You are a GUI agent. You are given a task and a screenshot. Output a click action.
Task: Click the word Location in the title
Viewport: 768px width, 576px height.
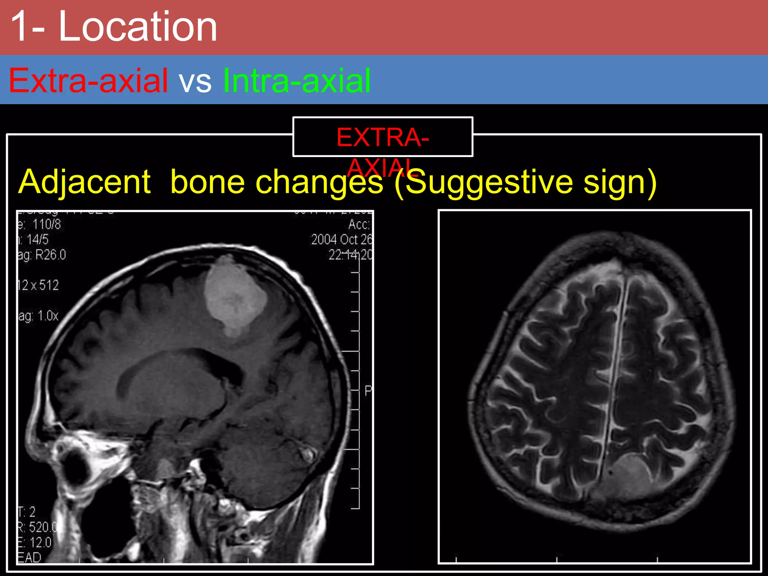(x=138, y=27)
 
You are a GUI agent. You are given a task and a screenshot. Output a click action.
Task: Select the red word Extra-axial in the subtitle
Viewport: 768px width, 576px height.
(x=88, y=80)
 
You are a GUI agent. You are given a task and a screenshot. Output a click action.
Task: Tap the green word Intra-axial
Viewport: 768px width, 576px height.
(x=297, y=80)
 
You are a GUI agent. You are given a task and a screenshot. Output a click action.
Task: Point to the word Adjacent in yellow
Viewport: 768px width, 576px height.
(x=84, y=182)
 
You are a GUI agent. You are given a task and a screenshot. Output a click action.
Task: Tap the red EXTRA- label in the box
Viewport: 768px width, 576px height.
(x=382, y=137)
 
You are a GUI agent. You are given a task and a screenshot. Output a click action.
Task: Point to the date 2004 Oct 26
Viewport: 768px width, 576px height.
(x=341, y=239)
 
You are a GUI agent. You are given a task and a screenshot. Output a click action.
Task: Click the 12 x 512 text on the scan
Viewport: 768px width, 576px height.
(x=38, y=285)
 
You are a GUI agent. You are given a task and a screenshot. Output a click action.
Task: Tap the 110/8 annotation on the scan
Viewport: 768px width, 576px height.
(x=46, y=224)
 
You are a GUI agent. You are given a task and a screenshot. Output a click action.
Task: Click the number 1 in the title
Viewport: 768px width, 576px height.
(x=22, y=27)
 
